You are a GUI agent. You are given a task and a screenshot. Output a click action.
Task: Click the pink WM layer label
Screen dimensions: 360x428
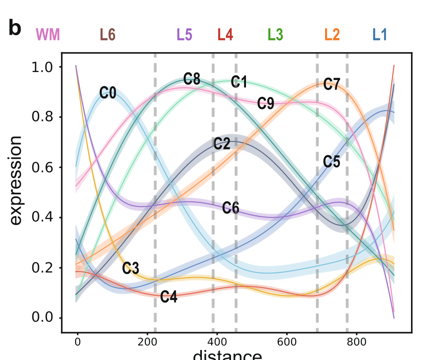48,35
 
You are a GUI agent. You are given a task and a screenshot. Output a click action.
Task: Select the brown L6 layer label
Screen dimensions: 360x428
108,35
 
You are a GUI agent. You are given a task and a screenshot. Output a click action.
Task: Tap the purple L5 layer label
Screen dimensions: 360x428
184,35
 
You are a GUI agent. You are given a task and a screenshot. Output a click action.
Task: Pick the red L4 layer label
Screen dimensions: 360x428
225,35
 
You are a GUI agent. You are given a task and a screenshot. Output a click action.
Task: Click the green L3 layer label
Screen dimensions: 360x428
275,35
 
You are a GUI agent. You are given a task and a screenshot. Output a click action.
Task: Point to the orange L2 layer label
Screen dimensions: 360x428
332,35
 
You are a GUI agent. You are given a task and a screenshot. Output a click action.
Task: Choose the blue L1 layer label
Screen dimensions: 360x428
380,35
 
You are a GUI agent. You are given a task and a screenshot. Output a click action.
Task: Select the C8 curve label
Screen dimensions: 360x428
192,79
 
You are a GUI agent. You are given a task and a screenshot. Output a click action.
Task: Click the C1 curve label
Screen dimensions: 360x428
239,82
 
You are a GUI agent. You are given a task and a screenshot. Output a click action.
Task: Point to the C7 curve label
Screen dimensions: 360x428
332,85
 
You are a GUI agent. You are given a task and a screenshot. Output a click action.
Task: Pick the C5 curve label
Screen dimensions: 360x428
332,162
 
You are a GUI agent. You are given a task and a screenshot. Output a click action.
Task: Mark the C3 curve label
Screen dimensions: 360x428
131,268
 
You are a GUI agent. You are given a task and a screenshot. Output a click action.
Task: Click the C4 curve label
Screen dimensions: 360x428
169,297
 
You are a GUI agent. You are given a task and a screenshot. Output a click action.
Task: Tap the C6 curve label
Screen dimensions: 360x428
231,209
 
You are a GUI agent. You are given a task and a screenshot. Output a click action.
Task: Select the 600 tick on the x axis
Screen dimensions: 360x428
287,341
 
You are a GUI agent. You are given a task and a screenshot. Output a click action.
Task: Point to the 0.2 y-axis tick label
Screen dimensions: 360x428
43,268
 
